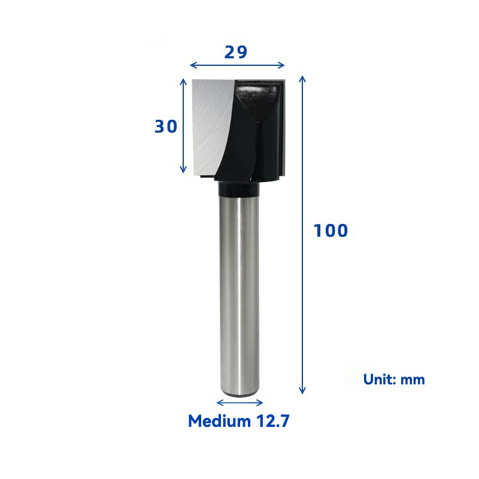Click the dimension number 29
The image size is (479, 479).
tap(235, 52)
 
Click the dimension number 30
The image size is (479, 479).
tap(166, 126)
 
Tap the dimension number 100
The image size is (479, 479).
tap(331, 231)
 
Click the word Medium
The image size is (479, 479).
tap(219, 421)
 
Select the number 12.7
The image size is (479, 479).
tap(272, 421)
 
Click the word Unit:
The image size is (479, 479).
tap(380, 380)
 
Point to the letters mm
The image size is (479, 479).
tap(413, 381)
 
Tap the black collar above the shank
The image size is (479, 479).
tap(239, 189)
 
